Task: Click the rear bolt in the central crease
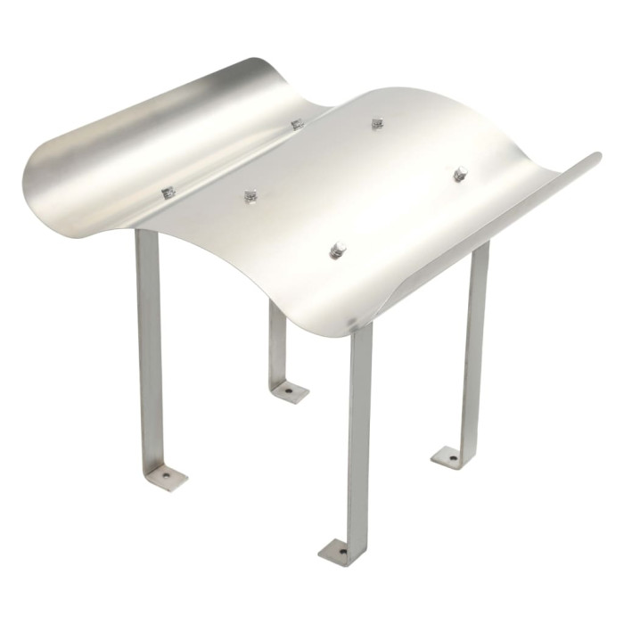pyautogui.click(x=296, y=124)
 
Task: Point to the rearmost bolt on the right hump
pyautogui.click(x=377, y=124)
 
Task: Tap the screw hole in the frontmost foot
pyautogui.click(x=340, y=552)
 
